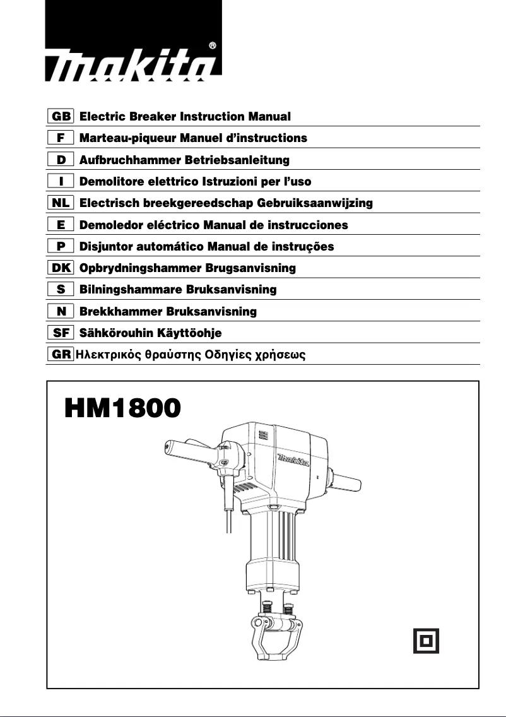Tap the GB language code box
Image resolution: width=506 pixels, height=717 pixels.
pyautogui.click(x=61, y=116)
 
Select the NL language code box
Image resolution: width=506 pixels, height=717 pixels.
pyautogui.click(x=61, y=203)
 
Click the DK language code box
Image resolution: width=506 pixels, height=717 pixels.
pyautogui.click(x=61, y=268)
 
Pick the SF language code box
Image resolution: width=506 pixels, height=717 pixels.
pyautogui.click(x=61, y=333)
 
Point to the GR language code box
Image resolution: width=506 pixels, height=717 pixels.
pyautogui.click(x=61, y=354)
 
